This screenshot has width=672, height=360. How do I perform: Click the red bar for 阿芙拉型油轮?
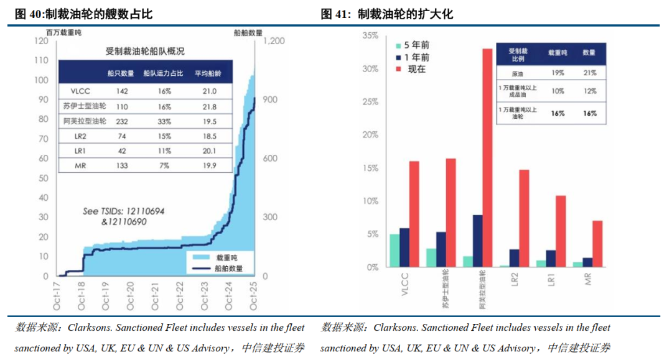click(x=487, y=158)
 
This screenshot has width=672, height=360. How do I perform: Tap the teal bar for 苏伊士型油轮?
click(x=431, y=257)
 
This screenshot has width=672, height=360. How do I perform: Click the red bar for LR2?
click(x=524, y=218)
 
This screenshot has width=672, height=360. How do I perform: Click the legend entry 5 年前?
click(x=416, y=45)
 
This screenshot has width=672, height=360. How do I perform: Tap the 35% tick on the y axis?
click(x=370, y=36)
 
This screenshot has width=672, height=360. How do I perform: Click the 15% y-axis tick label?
click(x=370, y=168)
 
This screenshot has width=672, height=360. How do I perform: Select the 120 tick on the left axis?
click(x=42, y=41)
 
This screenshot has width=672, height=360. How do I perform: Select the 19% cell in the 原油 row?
click(x=557, y=73)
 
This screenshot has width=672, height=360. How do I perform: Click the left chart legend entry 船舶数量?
click(x=228, y=269)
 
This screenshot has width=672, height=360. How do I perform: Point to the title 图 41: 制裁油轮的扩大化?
click(x=386, y=14)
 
